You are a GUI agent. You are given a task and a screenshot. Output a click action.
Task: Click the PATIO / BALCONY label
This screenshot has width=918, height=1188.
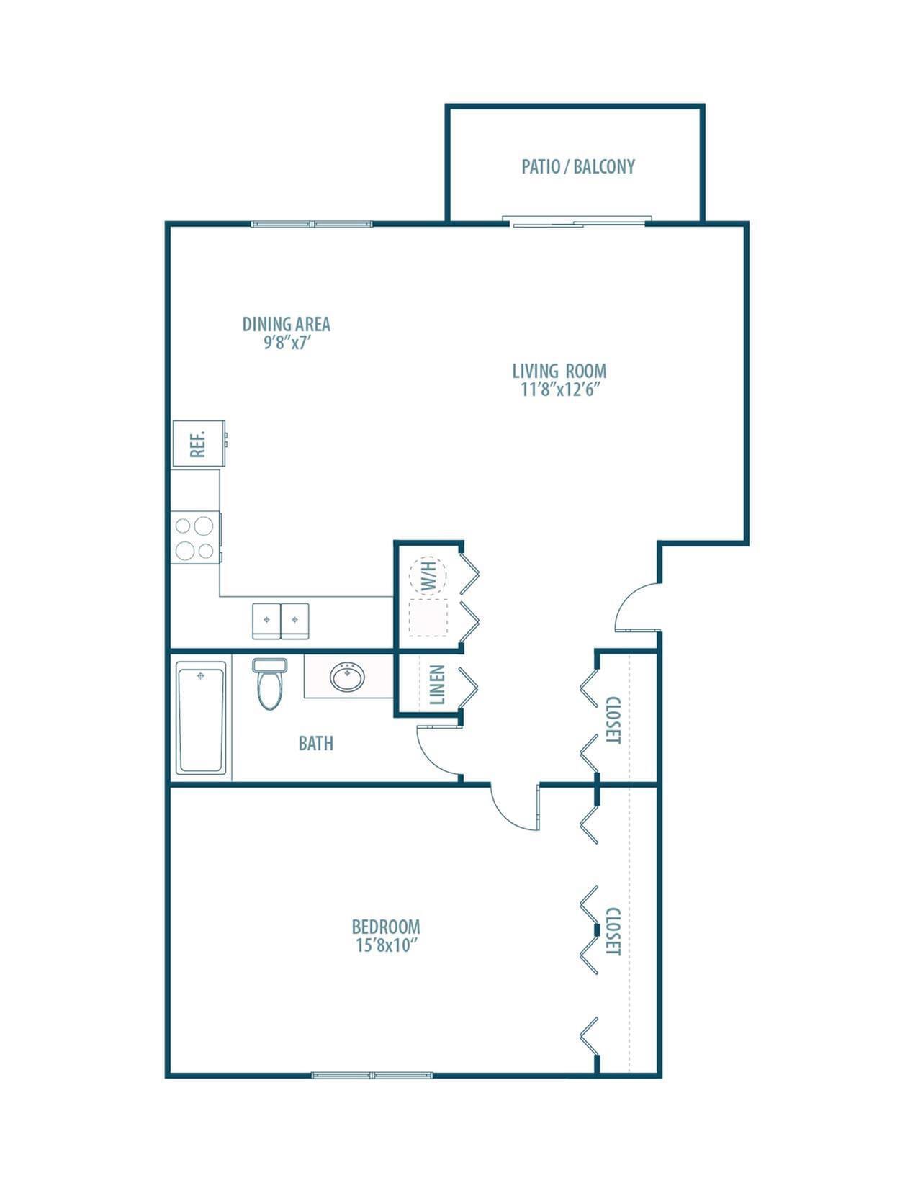[578, 167]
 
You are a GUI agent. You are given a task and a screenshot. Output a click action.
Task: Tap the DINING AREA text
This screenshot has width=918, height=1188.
[286, 324]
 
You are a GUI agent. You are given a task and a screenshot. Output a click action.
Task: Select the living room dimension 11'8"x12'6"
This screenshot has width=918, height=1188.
[559, 390]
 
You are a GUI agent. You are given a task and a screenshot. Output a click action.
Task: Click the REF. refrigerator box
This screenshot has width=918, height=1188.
[198, 444]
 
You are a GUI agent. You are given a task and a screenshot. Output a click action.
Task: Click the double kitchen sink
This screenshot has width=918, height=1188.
[281, 620]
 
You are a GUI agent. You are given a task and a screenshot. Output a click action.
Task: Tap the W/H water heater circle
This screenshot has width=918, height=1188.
[428, 575]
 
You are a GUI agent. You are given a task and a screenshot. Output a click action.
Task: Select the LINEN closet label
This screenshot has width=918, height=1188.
[437, 684]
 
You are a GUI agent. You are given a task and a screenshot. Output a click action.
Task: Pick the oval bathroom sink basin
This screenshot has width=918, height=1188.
[348, 677]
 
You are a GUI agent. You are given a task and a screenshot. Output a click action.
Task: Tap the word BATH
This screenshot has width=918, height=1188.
[315, 743]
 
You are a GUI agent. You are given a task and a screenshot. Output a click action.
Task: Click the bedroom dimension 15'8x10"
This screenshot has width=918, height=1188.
[387, 945]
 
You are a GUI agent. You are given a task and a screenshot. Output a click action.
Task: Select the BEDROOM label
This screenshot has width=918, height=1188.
[386, 927]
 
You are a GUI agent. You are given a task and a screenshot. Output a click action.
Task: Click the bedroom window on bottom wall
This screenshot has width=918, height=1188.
[372, 1075]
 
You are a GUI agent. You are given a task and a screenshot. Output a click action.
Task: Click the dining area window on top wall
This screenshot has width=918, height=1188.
[312, 224]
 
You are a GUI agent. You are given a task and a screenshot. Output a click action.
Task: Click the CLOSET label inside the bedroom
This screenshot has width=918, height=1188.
[613, 931]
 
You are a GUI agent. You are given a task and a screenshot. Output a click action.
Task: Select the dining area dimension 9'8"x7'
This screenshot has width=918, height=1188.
[286, 343]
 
